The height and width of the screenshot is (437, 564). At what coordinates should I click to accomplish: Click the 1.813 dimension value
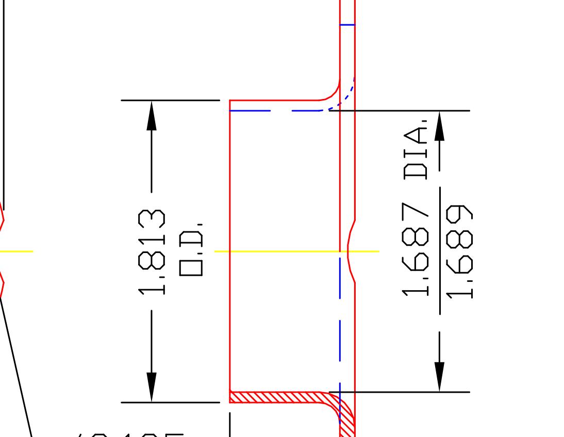(152, 251)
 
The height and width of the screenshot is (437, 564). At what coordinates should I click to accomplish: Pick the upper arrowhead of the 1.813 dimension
(151, 115)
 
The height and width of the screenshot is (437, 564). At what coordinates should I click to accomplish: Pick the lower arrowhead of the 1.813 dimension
(151, 386)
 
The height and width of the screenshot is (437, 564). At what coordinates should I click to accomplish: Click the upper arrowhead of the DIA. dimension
(439, 127)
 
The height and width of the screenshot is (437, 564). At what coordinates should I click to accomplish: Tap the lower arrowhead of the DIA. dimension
(439, 377)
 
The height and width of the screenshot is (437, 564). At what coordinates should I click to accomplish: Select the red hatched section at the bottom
(278, 397)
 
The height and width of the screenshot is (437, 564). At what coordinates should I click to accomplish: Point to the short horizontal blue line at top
(347, 24)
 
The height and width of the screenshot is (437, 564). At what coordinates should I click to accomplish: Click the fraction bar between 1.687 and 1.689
(440, 250)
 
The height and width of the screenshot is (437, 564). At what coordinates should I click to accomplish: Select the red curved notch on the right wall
(350, 251)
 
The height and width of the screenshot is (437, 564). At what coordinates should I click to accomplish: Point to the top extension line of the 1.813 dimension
(170, 100)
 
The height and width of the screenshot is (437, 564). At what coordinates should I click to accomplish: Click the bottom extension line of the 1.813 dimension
(170, 402)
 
